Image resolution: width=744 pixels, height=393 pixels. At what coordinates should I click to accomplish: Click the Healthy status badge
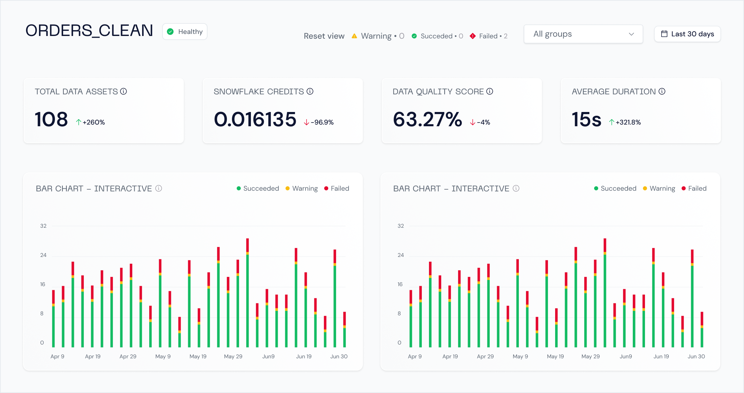pyautogui.click(x=185, y=32)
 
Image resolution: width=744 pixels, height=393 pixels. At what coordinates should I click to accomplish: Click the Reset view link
pyautogui.click(x=324, y=36)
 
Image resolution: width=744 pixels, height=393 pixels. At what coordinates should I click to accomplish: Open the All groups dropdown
pyautogui.click(x=583, y=34)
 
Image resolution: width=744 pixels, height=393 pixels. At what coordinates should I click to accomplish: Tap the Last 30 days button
pyautogui.click(x=687, y=34)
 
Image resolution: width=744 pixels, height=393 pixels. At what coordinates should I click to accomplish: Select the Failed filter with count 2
pyautogui.click(x=489, y=36)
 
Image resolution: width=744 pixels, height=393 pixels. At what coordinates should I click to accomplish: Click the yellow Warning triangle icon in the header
pyautogui.click(x=354, y=36)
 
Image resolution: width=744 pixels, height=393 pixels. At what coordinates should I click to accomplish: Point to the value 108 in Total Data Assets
pyautogui.click(x=51, y=119)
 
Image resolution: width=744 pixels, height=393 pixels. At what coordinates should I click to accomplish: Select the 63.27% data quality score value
pyautogui.click(x=427, y=119)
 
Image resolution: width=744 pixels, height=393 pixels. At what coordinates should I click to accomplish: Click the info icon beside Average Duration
pyautogui.click(x=662, y=91)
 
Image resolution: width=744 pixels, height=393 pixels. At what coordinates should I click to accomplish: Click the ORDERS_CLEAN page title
pyautogui.click(x=89, y=31)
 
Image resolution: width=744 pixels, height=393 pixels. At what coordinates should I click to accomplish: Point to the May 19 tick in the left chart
pyautogui.click(x=198, y=356)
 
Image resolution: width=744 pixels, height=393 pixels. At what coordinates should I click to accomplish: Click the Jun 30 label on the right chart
pyautogui.click(x=696, y=356)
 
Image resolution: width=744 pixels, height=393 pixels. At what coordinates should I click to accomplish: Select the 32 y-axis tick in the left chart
pyautogui.click(x=43, y=226)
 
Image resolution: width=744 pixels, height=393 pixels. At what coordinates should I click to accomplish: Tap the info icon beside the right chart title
pyautogui.click(x=516, y=188)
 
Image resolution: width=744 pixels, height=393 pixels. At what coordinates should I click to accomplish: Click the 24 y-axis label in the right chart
pyautogui.click(x=400, y=255)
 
